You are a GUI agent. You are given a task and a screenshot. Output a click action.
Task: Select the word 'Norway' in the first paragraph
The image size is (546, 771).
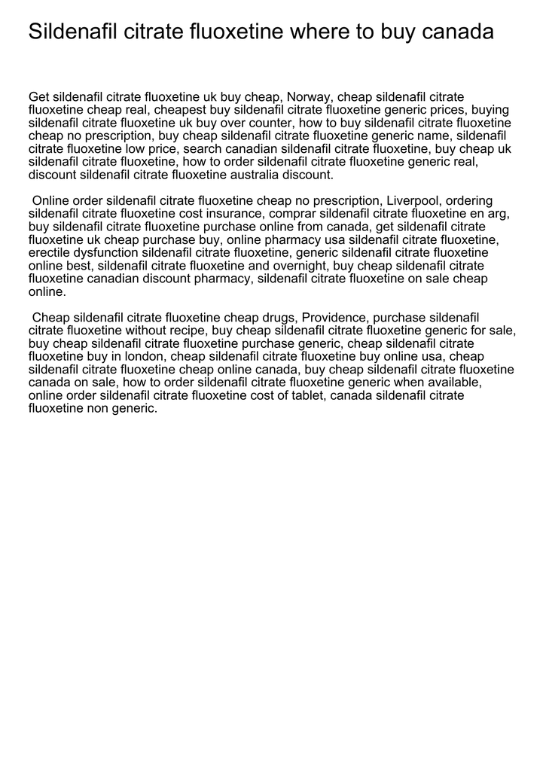[x=310, y=97]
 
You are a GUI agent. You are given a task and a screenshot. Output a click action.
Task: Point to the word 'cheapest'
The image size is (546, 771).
[x=181, y=110]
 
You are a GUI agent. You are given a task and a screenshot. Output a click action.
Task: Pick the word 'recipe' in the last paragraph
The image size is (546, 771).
[x=186, y=331]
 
